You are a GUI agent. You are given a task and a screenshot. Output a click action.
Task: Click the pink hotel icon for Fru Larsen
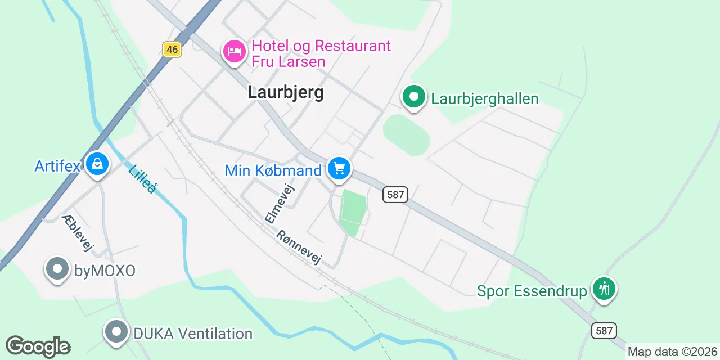(234, 52)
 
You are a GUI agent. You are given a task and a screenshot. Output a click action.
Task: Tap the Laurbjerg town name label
(286, 92)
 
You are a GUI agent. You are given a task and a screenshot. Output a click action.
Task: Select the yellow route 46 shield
(172, 49)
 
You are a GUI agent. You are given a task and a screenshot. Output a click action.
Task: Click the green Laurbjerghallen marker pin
(414, 97)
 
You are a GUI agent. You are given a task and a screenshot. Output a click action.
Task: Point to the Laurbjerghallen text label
(484, 99)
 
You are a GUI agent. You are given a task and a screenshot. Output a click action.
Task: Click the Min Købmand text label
(273, 170)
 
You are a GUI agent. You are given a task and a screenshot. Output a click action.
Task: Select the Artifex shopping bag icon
(97, 165)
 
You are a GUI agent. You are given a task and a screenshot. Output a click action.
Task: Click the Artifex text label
(58, 166)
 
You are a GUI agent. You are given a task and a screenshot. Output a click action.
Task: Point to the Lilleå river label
(142, 179)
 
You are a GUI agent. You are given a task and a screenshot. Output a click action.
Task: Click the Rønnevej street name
(299, 247)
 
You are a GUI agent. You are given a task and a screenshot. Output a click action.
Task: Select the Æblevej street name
(78, 233)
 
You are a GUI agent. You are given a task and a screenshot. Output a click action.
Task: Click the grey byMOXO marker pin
(57, 269)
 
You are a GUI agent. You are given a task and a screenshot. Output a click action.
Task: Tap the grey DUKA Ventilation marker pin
(116, 332)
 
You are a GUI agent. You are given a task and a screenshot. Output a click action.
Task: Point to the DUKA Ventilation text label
(192, 334)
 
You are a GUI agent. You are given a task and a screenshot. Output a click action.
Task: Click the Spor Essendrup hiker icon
(604, 289)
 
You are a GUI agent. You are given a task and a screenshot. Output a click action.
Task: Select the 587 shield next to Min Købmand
(395, 195)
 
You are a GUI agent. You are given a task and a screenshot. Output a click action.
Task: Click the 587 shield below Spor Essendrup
(604, 330)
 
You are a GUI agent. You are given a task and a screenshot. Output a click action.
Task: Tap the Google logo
(38, 346)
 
